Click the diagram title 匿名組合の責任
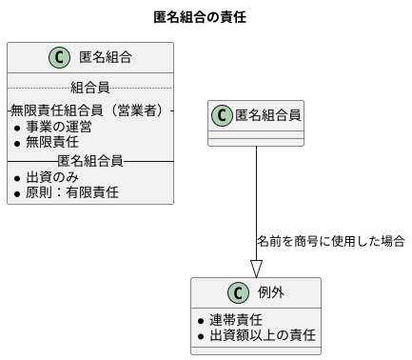point(206,16)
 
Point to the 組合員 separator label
point(89,89)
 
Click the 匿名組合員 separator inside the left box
point(89,160)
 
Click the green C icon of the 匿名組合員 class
point(223,115)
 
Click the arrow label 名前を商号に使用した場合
point(331,241)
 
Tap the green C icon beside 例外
point(236,292)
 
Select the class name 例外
point(272,292)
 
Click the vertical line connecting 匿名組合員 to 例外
point(256,190)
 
